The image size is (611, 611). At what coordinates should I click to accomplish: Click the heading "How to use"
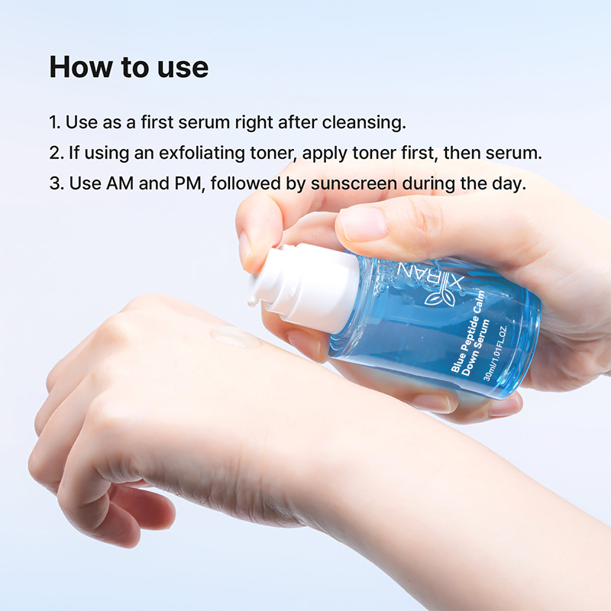(x=128, y=67)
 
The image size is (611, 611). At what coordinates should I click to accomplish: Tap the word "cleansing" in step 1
(x=368, y=122)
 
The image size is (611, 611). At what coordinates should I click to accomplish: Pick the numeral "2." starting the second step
(x=56, y=153)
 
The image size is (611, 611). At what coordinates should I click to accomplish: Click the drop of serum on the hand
(x=234, y=337)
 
